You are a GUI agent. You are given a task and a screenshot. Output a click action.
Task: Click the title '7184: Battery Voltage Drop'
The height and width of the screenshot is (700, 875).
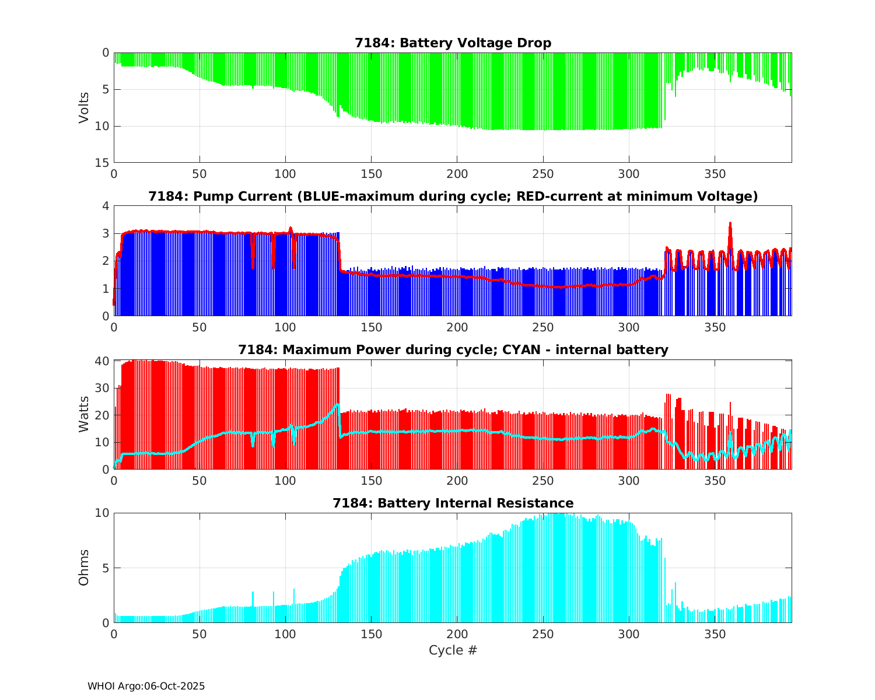tap(453, 43)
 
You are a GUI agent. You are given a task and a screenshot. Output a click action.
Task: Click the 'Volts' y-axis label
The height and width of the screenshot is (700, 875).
tap(85, 107)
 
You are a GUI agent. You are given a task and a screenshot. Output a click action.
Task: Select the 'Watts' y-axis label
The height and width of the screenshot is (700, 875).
tap(85, 414)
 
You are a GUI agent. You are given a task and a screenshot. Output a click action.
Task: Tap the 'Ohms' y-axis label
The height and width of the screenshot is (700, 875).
tap(85, 568)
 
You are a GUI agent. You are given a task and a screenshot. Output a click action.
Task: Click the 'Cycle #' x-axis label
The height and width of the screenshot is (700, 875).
tap(453, 650)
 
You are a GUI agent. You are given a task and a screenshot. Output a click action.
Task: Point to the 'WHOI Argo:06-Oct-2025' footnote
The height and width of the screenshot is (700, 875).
tap(146, 686)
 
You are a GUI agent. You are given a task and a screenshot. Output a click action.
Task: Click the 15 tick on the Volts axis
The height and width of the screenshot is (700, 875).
tap(103, 163)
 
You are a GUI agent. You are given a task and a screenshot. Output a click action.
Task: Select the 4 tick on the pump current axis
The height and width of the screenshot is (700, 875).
tap(106, 206)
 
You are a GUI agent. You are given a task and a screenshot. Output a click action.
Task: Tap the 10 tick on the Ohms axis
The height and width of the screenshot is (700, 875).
tap(103, 513)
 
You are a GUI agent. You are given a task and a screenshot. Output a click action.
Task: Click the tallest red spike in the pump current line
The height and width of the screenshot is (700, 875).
tap(730, 223)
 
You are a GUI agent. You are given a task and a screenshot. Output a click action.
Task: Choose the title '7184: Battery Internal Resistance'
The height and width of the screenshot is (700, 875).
tap(453, 503)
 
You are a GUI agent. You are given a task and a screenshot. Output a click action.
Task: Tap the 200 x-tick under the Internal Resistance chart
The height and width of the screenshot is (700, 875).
tap(457, 634)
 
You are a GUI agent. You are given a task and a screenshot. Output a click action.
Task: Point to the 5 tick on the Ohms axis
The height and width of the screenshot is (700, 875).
tap(106, 568)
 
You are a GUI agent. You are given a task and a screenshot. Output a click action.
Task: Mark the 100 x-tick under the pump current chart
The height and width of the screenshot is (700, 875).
tap(285, 327)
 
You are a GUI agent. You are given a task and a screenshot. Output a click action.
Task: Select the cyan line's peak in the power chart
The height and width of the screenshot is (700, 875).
tap(337, 404)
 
